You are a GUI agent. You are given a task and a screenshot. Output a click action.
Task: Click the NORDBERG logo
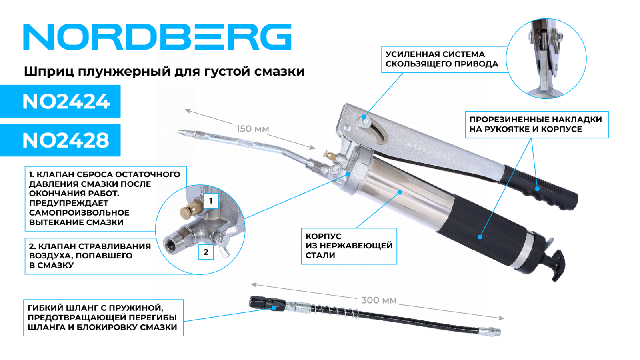(157, 36)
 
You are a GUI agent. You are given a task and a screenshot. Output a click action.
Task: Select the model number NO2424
(66, 102)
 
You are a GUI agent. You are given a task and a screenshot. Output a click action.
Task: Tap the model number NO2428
(66, 140)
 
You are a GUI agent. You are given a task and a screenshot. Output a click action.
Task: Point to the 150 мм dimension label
(252, 129)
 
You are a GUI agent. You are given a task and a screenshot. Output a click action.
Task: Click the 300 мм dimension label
(379, 300)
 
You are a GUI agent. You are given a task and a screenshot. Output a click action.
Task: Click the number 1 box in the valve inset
(211, 201)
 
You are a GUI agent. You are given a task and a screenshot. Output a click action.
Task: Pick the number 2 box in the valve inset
(206, 252)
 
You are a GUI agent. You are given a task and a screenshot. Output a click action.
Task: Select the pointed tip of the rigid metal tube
(178, 132)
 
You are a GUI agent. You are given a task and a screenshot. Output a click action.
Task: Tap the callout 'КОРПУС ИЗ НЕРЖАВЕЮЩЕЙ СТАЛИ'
(349, 246)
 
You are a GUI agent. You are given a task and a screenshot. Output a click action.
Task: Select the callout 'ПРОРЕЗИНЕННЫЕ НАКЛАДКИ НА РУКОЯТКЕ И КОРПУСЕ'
(536, 124)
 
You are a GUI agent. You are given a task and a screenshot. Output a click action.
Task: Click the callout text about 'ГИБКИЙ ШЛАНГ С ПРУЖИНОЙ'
(103, 318)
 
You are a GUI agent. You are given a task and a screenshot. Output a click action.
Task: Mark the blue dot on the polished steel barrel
(400, 192)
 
